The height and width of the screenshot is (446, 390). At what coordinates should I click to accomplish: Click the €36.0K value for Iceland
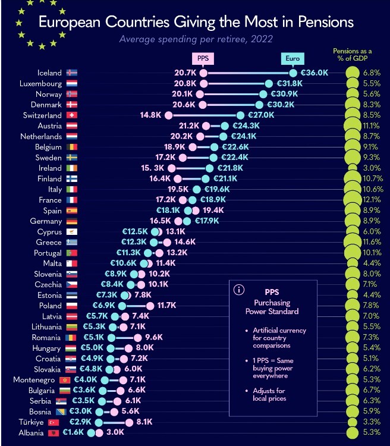coord(314,73)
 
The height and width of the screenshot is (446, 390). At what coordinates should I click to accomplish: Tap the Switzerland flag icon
coord(72,115)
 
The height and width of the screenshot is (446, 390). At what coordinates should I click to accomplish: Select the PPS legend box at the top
coord(203,58)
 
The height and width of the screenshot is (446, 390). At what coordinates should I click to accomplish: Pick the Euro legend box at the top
coord(292,58)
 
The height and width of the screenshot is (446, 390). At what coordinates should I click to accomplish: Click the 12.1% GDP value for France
coord(372,200)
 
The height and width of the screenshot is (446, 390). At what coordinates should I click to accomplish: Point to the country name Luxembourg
coord(41,84)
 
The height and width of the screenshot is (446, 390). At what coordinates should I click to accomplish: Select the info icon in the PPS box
coord(239,290)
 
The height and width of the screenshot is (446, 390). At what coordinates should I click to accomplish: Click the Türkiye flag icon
coord(72,422)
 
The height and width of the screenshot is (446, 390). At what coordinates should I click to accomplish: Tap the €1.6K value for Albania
coord(74,433)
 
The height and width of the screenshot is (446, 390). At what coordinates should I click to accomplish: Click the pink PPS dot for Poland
coord(150,306)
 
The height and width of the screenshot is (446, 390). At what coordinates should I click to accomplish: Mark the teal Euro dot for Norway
coord(263,94)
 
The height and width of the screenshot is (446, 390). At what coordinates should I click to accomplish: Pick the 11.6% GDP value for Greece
coord(372,243)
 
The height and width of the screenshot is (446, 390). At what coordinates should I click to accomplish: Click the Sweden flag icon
coord(72,158)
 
